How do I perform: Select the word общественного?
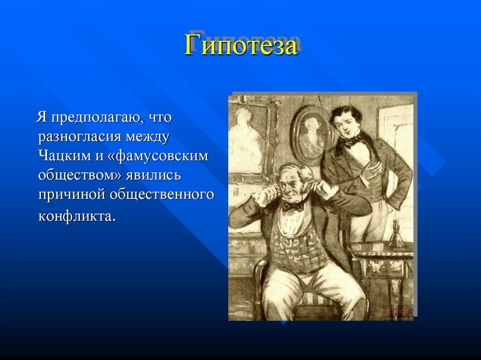coord(162,194)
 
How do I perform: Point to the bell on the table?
coord(397,235)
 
